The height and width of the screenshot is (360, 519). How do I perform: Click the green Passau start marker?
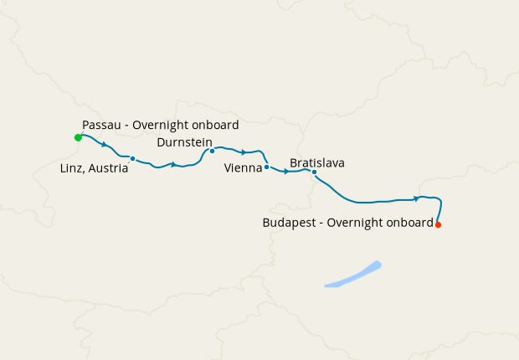(x=78, y=136)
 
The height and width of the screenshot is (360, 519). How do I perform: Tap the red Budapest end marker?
(x=438, y=224)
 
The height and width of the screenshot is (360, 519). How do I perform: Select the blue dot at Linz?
(x=132, y=158)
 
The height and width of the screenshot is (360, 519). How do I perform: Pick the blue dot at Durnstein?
(x=212, y=152)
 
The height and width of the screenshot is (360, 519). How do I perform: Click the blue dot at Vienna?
(x=266, y=167)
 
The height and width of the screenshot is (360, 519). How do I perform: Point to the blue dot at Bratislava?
(x=314, y=172)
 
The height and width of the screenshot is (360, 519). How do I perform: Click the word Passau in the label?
(x=100, y=125)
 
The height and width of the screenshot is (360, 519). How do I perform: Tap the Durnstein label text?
(x=184, y=142)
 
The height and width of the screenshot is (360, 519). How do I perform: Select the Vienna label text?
(x=243, y=168)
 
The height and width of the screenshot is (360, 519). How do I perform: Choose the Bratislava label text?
(x=317, y=162)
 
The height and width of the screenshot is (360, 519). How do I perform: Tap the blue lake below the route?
(x=352, y=275)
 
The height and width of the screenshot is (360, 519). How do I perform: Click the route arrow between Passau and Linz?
(x=103, y=144)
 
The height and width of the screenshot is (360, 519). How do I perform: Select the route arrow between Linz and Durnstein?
(x=173, y=164)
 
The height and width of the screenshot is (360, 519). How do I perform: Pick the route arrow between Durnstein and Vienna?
(x=243, y=152)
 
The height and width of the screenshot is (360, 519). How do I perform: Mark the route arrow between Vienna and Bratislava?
(x=286, y=172)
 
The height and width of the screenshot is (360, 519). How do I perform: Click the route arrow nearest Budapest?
(x=416, y=198)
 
